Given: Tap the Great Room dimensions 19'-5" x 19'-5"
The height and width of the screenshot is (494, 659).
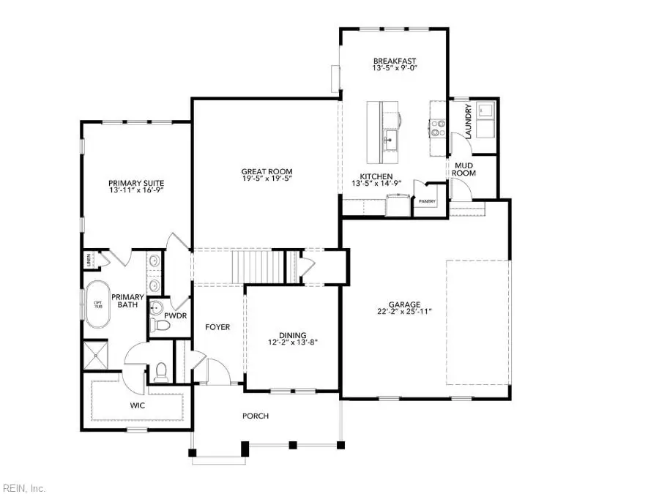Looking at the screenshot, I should (267, 179).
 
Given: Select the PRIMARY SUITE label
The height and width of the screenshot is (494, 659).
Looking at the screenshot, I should (136, 183).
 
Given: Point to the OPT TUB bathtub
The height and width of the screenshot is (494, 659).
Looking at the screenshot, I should (97, 304).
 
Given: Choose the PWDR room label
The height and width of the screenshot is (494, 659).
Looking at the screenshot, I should (175, 315).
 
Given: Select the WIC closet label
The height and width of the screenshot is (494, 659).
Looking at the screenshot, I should (138, 403).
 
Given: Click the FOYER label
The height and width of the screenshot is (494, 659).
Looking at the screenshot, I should (217, 327).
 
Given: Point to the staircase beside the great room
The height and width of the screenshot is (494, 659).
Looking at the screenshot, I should (258, 265).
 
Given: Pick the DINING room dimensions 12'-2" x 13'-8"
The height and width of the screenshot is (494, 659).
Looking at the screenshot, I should (294, 342).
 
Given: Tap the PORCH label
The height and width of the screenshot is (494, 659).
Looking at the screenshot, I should (256, 416).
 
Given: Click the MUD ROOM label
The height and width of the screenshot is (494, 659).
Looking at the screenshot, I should (465, 169).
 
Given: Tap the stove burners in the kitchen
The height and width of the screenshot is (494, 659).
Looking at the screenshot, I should (438, 128).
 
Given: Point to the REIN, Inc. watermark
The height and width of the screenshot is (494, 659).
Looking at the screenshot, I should (24, 487).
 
